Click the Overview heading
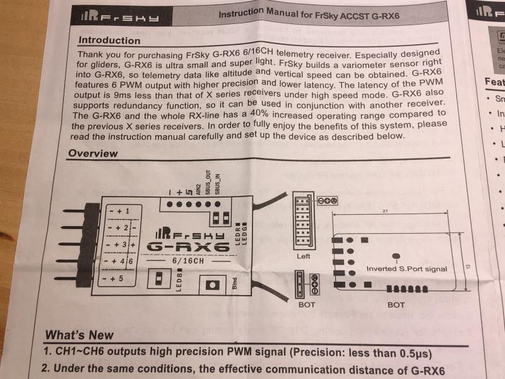pyautogui.click(x=93, y=153)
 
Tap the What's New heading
pyautogui.click(x=79, y=335)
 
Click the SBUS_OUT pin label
pyautogui.click(x=207, y=181)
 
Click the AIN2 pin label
pyautogui.click(x=198, y=186)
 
